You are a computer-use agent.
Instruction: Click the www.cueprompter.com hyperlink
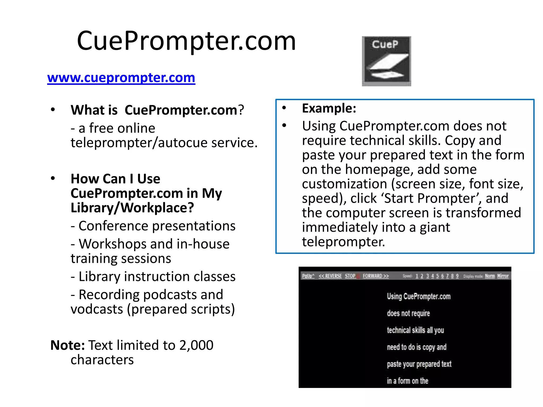pos(121,78)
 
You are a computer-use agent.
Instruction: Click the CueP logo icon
pos(386,61)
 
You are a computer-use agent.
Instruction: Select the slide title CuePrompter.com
pos(186,41)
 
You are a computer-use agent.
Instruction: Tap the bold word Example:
pos(329,108)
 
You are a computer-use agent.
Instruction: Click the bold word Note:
pos(67,345)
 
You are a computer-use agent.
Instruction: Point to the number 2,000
pos(196,345)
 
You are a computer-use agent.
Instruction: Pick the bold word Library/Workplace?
pos(132,208)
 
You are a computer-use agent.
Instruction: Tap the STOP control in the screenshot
pos(350,276)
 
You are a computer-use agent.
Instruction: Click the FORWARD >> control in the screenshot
pos(376,276)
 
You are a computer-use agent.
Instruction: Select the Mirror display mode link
pos(503,276)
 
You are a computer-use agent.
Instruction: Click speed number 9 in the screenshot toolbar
pos(457,276)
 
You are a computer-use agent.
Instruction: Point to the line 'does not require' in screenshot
pos(408,313)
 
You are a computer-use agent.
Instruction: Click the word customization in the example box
pos(344,184)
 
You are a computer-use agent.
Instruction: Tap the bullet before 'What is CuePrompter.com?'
pos(53,109)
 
